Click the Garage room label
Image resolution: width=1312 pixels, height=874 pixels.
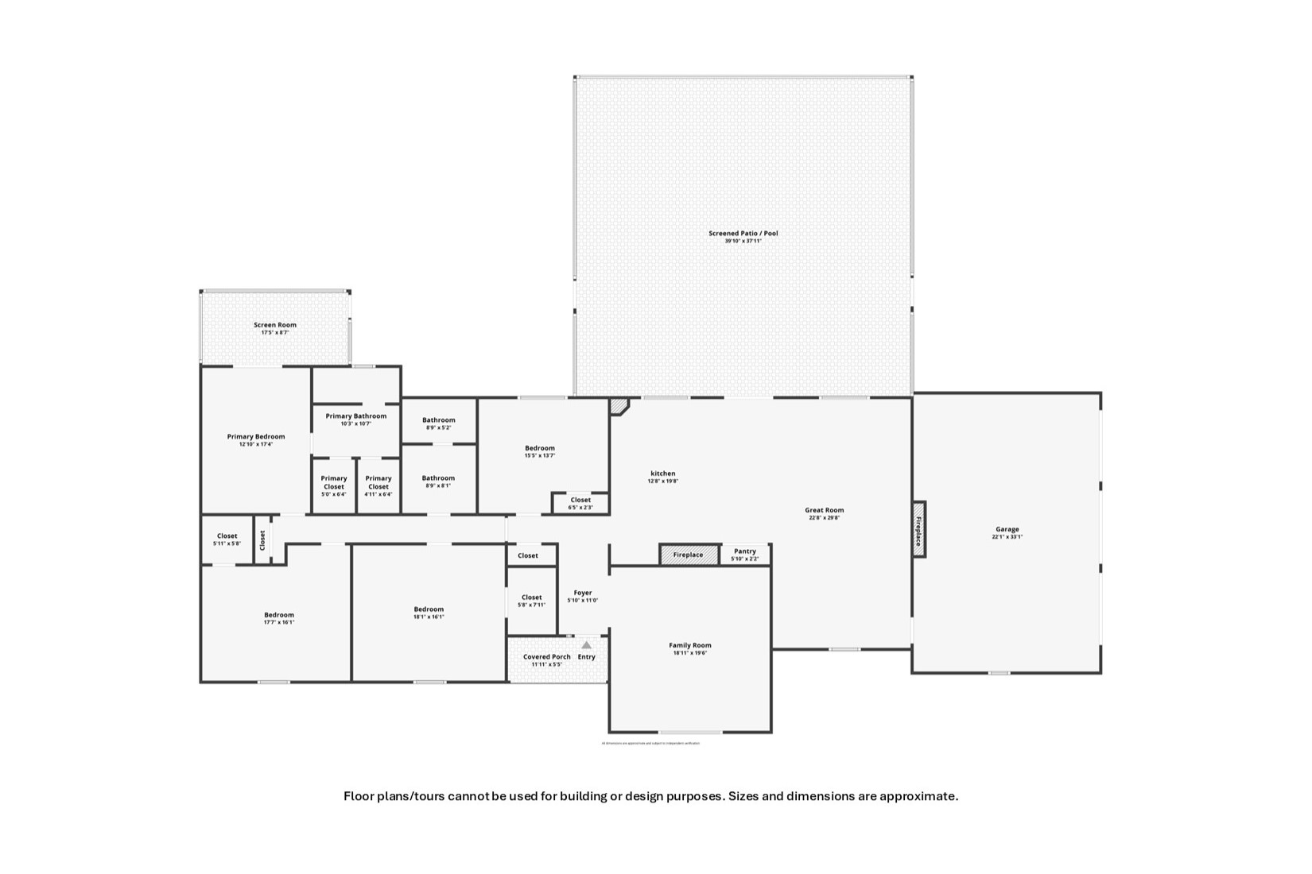tap(1007, 529)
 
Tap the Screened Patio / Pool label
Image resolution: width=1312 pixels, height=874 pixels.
tap(743, 234)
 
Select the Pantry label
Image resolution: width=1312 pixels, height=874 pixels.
tap(745, 551)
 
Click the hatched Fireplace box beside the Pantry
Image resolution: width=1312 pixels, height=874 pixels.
tap(689, 555)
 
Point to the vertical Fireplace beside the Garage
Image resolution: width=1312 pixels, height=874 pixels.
tap(918, 529)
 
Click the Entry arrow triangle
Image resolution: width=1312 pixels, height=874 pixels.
tap(586, 645)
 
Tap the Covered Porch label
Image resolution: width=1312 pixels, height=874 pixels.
tap(546, 657)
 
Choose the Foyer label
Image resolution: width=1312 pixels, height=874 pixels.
tap(583, 593)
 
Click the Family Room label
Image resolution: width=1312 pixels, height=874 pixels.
tap(689, 645)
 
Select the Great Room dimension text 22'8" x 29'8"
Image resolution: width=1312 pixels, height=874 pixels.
tap(824, 518)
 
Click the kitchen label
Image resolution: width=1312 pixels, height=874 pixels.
tap(662, 474)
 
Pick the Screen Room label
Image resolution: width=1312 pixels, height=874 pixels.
tap(275, 325)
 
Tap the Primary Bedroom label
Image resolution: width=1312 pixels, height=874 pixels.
tap(255, 436)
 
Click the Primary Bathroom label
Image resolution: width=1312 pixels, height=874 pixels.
tap(355, 416)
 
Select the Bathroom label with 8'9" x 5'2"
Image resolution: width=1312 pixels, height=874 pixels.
tap(438, 420)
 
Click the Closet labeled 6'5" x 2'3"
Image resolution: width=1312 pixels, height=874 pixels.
tap(580, 500)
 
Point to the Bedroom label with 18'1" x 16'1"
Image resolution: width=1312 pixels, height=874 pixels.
tap(429, 609)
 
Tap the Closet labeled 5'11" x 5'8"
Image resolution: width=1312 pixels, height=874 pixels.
tap(227, 536)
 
